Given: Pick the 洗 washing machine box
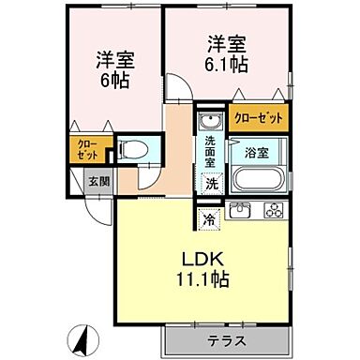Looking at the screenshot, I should (x=212, y=183).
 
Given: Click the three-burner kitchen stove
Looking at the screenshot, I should (x=273, y=211).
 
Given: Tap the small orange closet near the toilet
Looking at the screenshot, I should (x=87, y=149).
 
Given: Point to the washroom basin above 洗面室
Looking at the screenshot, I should (x=209, y=122).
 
